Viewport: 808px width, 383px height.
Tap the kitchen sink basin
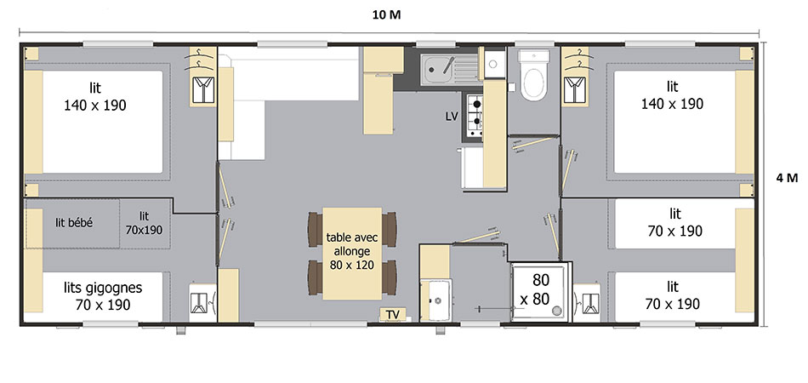[x=437, y=69]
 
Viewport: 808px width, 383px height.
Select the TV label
[x=392, y=314]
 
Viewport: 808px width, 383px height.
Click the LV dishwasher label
[x=452, y=117]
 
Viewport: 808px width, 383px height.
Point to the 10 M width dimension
[x=386, y=15]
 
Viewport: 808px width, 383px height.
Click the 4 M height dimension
[x=787, y=178]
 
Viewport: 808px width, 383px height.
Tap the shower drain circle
[x=556, y=311]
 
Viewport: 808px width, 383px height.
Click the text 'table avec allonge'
[x=352, y=245]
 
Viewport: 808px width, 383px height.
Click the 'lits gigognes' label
[x=103, y=288]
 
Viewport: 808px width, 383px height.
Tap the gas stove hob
[x=475, y=117]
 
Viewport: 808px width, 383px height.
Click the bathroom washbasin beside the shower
[x=435, y=300]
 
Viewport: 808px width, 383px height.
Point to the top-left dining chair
[x=315, y=230]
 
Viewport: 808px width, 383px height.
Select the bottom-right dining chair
[x=389, y=277]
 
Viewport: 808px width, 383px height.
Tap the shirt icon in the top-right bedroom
[x=575, y=89]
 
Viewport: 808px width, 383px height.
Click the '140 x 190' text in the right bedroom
[x=672, y=104]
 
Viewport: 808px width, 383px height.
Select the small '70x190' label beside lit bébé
[x=144, y=230]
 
